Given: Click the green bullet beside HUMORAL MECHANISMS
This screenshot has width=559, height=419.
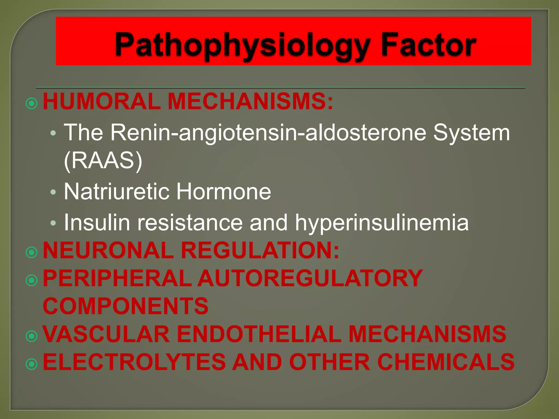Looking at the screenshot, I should pos(32,103).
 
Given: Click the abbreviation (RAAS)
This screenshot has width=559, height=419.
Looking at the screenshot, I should pos(103,160).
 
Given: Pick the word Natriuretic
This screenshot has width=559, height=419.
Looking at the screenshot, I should pos(117,192).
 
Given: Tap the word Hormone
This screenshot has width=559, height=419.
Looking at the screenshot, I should pos(224,192).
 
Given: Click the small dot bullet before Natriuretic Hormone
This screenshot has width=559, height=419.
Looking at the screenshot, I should pos(53,192).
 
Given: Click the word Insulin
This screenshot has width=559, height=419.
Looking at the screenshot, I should pos(97,223).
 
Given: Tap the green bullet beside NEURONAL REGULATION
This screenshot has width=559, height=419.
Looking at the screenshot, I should pos(32,252).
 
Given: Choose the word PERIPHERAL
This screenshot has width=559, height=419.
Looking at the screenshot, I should pos(117,279).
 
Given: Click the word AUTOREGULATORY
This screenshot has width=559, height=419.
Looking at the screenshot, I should pos(310,279).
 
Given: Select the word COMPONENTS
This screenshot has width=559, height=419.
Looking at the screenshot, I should pos(126,306).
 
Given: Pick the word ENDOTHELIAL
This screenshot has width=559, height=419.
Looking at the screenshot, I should pos(259,334).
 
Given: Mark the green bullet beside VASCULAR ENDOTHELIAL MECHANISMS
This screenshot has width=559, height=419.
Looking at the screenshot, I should pos(32,336).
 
